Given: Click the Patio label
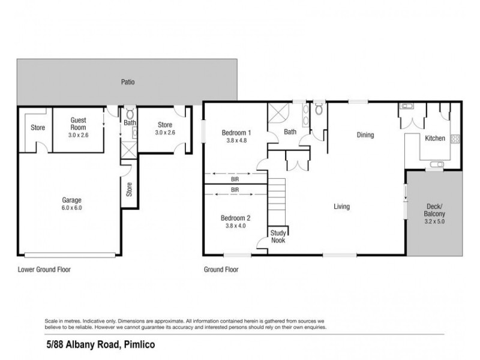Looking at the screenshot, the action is (128, 82).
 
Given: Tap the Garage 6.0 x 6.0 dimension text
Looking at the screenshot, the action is (71, 208).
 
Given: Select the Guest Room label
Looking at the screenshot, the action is (79, 124).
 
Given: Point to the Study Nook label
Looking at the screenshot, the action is (278, 236).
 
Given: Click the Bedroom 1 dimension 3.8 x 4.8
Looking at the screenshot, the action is (236, 140).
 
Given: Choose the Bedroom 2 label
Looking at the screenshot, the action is (235, 218).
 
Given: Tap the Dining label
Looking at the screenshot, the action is (365, 135).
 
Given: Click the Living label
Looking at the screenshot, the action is (341, 206).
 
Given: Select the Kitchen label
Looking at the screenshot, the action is (434, 139).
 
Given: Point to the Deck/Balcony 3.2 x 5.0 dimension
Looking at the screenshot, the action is (434, 221).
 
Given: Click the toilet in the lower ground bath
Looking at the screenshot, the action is (130, 113).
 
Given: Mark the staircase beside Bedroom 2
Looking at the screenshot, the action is (277, 202).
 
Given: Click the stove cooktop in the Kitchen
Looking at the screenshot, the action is (455, 139).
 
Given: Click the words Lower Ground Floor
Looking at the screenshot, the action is (44, 269).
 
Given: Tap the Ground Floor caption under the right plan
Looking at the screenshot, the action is (221, 269).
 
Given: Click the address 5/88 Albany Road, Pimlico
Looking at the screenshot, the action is (101, 344).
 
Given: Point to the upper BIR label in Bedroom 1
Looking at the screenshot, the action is (235, 179).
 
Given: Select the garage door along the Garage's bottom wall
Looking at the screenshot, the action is (70, 254).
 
